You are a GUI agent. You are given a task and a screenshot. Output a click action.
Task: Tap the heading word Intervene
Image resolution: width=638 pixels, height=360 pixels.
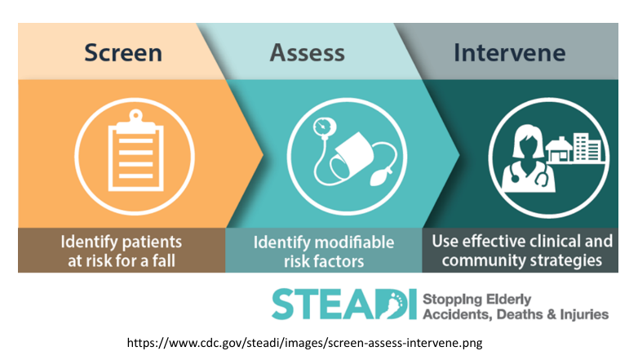[509, 53]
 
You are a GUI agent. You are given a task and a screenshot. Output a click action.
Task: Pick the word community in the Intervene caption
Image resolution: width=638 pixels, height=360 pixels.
[484, 261]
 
